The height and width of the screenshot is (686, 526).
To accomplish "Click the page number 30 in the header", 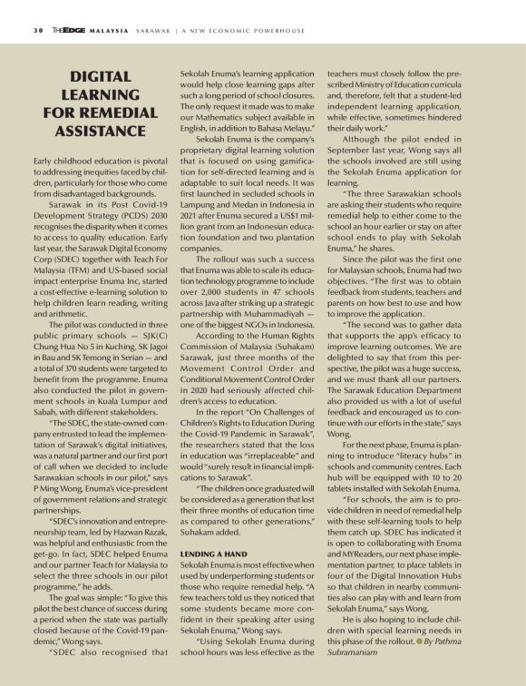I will tap(26, 29).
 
